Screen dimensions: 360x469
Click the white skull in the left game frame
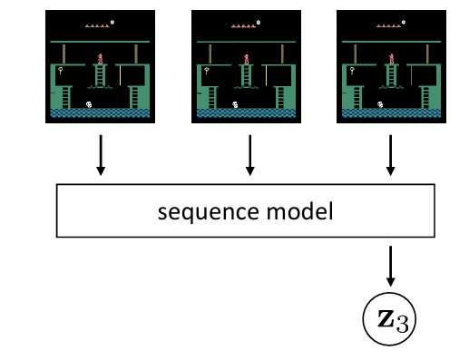point(89,105)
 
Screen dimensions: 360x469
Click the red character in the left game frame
point(100,59)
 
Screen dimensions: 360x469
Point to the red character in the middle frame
point(245,59)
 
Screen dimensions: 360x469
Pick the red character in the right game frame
point(391,59)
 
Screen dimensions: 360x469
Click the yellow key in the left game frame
point(62,70)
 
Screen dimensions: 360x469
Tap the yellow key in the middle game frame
point(207,70)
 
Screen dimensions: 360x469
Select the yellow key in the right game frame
point(352,70)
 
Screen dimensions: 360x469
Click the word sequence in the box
point(195,213)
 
